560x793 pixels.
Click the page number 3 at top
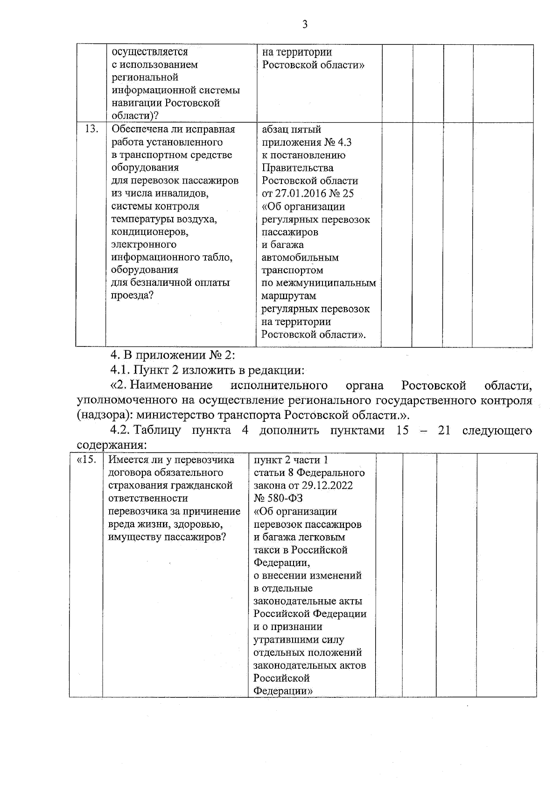[305, 25]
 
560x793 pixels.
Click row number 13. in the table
[91, 129]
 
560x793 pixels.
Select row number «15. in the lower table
[86, 460]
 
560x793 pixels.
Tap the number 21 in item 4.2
[444, 430]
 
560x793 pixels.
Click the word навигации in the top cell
[134, 103]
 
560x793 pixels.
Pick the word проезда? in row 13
[132, 296]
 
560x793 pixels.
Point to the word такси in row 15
[266, 550]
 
